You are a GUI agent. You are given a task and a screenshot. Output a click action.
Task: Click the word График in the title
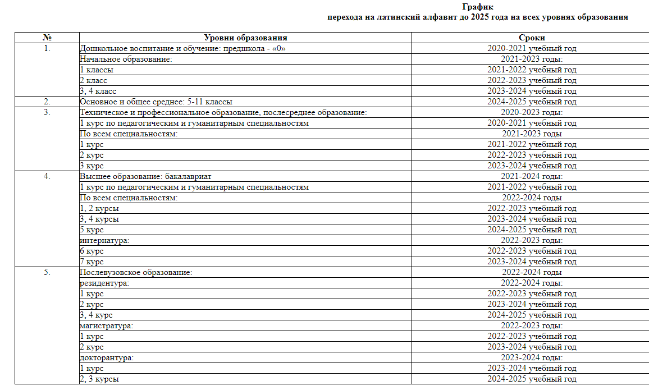click(x=478, y=7)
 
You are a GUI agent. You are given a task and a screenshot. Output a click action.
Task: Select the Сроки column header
click(x=532, y=38)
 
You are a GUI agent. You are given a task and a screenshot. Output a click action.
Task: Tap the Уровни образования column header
click(x=245, y=38)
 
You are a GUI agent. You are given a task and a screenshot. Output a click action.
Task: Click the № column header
click(x=47, y=38)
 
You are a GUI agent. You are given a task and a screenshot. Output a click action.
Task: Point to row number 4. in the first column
click(x=47, y=176)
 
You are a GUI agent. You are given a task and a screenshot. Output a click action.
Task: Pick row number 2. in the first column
click(x=47, y=102)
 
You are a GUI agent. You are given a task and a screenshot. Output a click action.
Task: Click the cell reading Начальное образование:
click(x=126, y=59)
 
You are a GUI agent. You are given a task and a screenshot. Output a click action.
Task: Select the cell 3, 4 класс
click(x=98, y=91)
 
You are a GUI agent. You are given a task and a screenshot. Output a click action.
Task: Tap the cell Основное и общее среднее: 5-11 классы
click(x=156, y=102)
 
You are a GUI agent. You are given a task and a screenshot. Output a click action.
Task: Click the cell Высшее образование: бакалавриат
click(x=145, y=176)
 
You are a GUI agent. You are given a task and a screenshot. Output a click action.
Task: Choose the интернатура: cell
click(x=104, y=240)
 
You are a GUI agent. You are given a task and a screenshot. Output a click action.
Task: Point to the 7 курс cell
click(x=92, y=261)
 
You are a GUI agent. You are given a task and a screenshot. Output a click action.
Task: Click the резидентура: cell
click(x=104, y=283)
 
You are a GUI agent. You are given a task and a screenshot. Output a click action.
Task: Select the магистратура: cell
click(x=107, y=325)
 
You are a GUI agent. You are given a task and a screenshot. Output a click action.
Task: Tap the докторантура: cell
click(x=107, y=357)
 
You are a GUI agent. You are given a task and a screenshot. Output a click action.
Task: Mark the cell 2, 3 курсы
click(x=99, y=379)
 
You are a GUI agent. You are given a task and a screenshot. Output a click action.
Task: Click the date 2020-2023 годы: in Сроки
click(x=532, y=112)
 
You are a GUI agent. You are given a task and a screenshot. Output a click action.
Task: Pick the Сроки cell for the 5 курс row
click(x=532, y=230)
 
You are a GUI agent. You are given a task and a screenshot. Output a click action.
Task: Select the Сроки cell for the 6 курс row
click(x=532, y=251)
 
